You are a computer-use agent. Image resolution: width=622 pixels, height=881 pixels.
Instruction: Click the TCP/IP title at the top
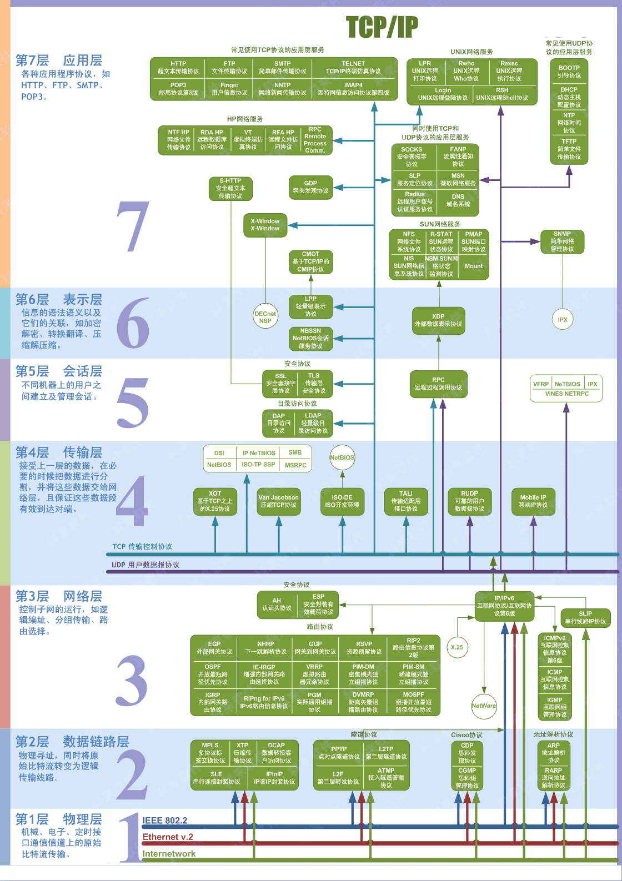(x=382, y=27)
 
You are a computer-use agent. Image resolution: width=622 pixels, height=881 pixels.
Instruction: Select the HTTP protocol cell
(x=178, y=67)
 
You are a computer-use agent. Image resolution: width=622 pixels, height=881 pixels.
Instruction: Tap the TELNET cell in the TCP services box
(x=353, y=67)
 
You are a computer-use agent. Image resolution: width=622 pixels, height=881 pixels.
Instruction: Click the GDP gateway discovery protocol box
(x=310, y=187)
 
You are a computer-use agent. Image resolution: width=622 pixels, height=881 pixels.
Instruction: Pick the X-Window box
(x=265, y=225)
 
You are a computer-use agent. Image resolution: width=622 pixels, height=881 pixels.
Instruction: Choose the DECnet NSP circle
(x=265, y=317)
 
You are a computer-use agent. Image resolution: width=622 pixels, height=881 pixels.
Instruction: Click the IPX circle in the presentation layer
(x=563, y=320)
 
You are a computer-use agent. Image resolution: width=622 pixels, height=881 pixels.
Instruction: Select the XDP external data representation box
(x=438, y=320)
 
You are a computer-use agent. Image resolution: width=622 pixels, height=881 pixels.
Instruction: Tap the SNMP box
(x=562, y=241)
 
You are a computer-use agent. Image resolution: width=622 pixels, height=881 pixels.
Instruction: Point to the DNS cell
(x=458, y=200)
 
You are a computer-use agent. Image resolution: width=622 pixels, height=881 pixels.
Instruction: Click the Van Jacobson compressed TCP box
(x=278, y=501)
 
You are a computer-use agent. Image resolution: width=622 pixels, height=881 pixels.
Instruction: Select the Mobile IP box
(x=533, y=501)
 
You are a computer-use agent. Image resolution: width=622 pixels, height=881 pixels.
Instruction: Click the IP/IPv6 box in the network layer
(x=504, y=606)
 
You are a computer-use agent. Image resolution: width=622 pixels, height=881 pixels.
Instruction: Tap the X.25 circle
(x=457, y=647)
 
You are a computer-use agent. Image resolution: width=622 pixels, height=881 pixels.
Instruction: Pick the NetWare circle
(x=484, y=706)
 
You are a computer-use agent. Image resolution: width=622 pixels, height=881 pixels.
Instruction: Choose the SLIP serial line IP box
(x=585, y=617)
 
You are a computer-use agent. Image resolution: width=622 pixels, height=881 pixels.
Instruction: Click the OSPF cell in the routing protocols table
(x=213, y=674)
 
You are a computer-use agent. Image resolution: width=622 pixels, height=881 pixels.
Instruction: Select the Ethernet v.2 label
(x=168, y=837)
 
